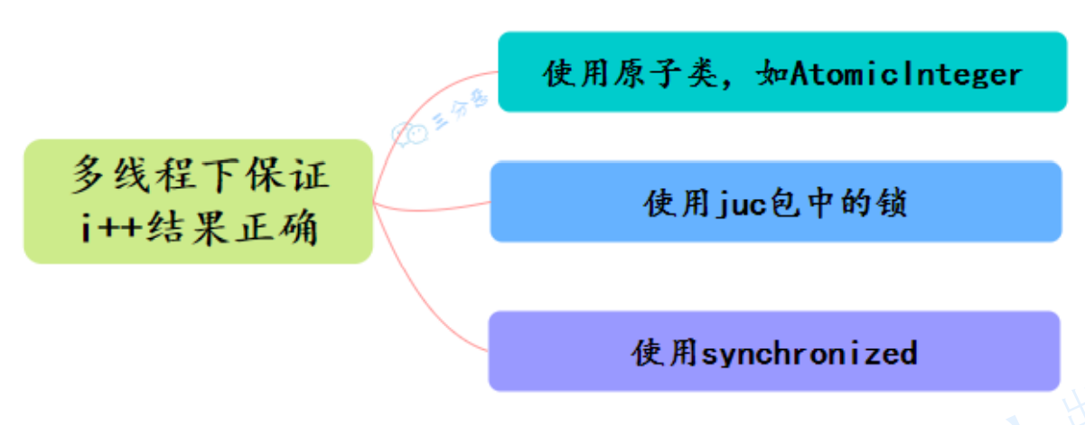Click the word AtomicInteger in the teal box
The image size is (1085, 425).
click(906, 73)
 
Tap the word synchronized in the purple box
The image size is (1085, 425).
click(809, 352)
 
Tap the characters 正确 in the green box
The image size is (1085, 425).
click(286, 228)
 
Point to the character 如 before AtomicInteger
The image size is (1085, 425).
click(771, 73)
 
